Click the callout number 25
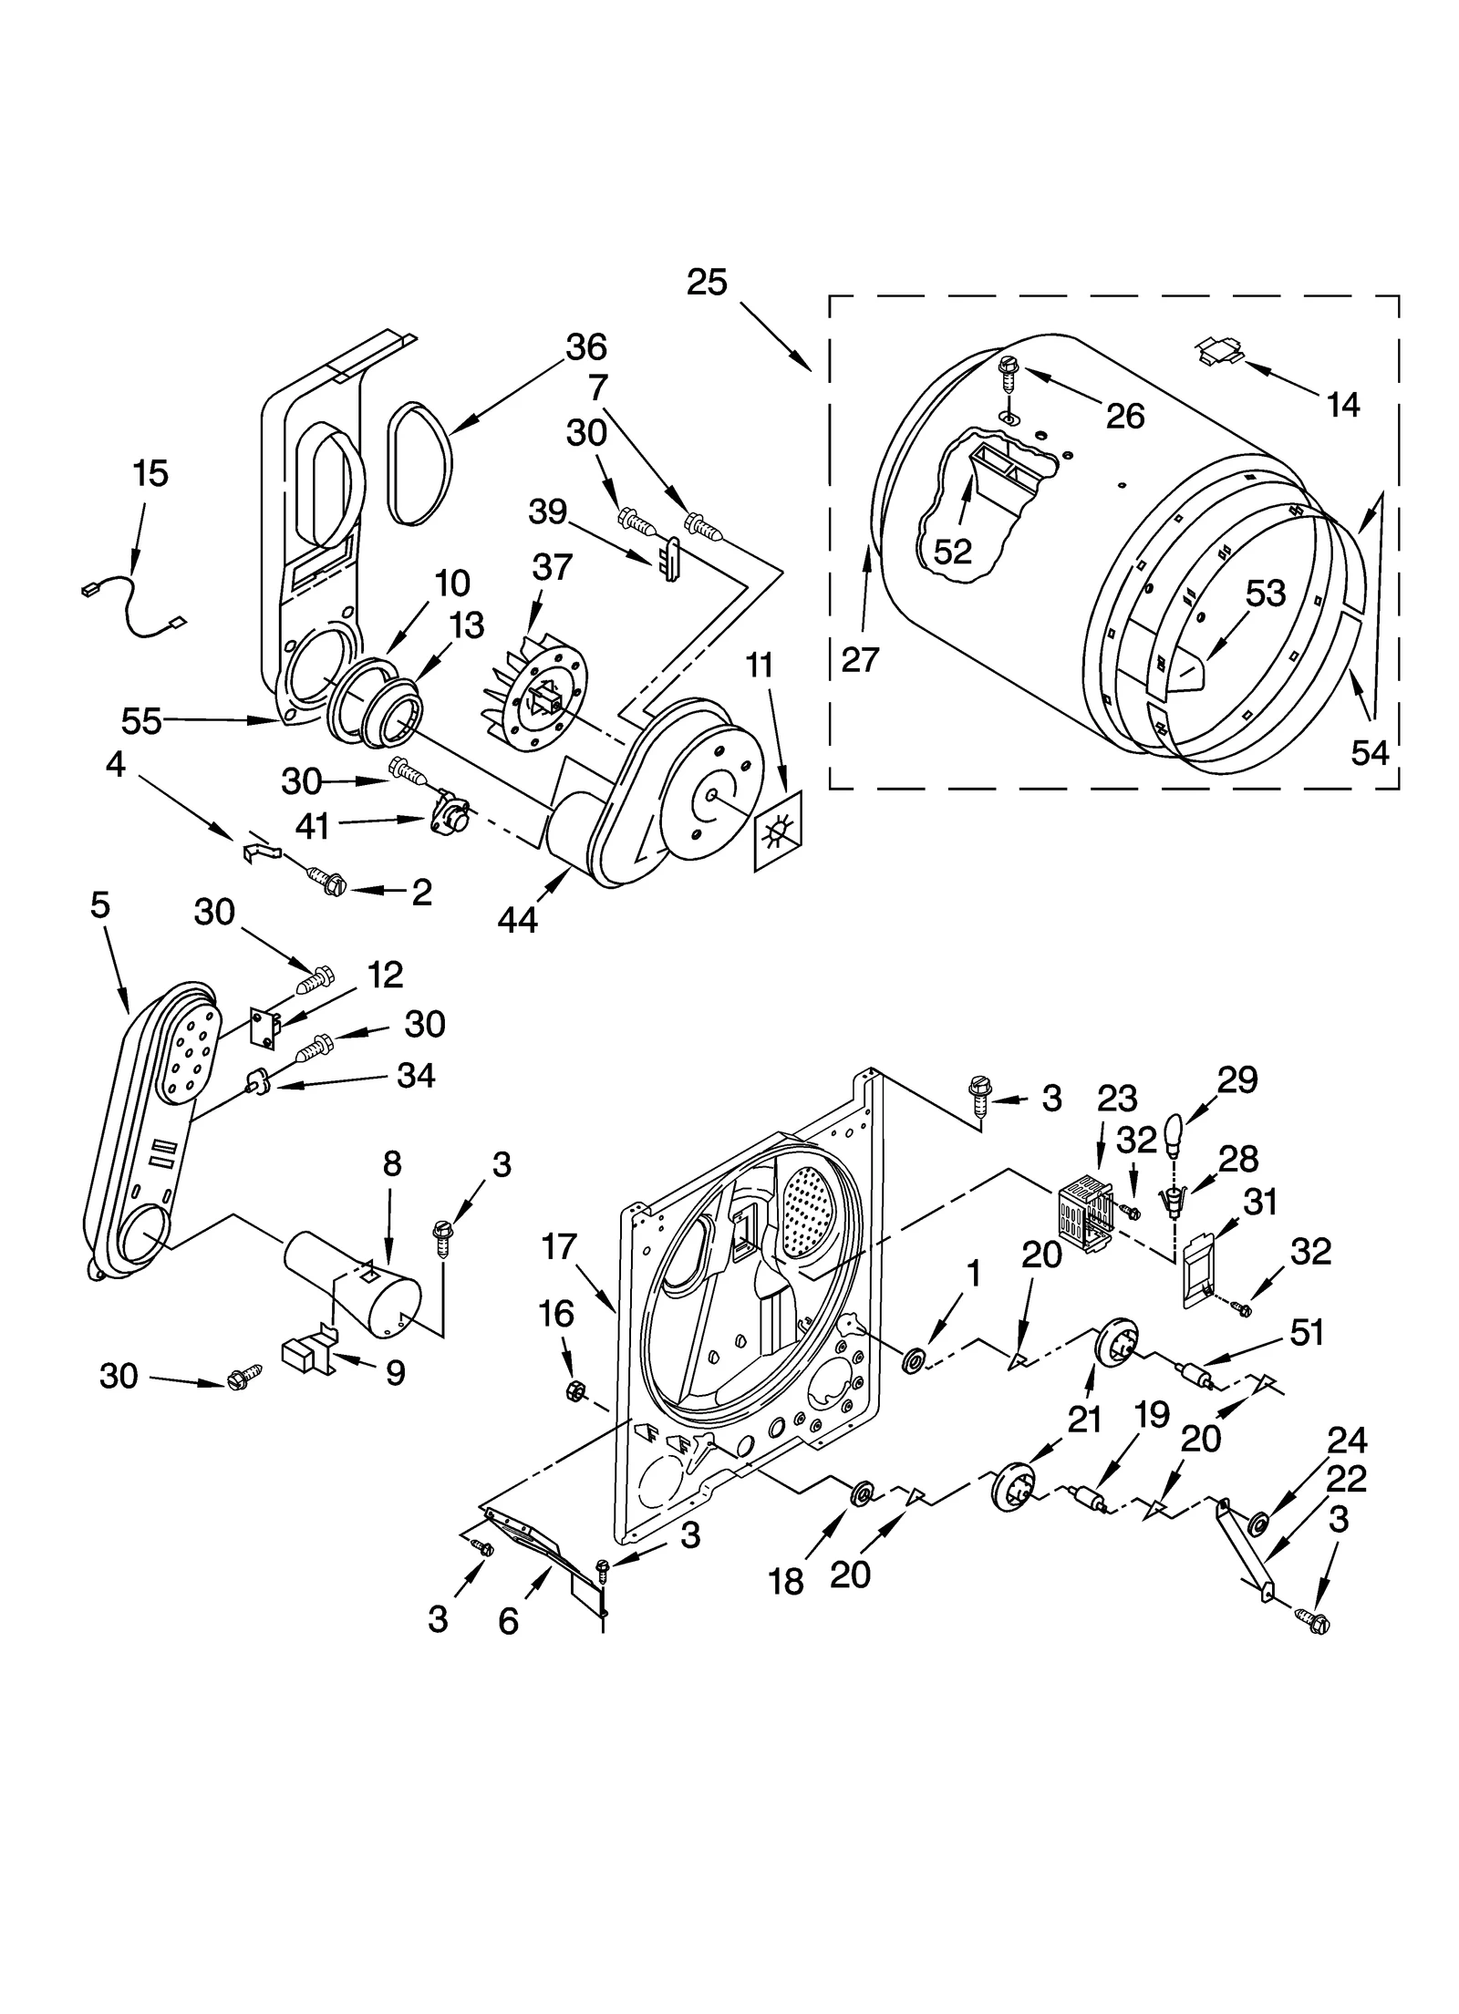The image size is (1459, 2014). (707, 282)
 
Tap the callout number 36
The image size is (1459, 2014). (586, 347)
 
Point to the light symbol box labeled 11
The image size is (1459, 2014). (777, 831)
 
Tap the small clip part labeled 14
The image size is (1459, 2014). (1218, 351)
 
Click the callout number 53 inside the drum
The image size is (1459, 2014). (1266, 594)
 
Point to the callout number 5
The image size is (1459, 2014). (100, 904)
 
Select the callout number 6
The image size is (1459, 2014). (508, 1620)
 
